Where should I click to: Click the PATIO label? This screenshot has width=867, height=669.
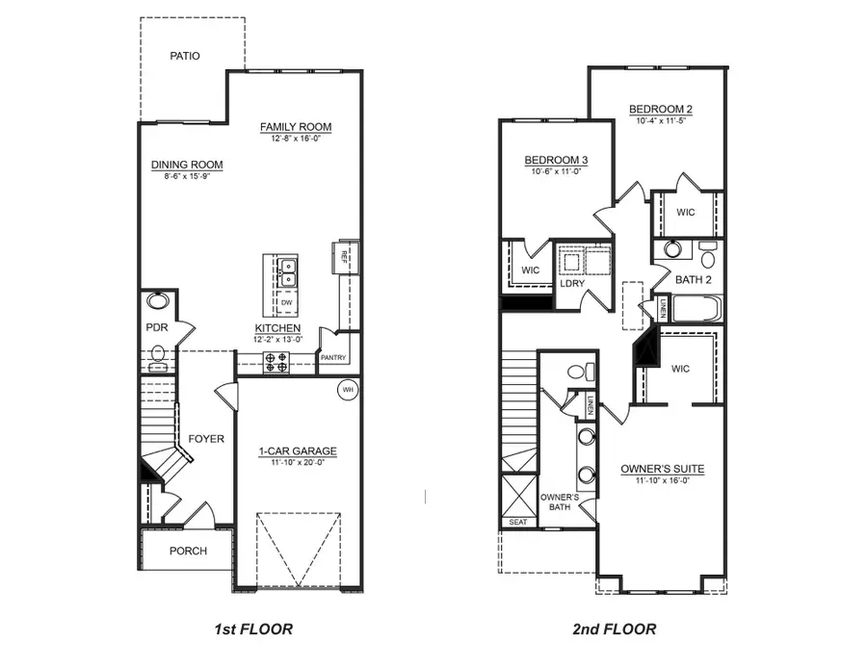(185, 56)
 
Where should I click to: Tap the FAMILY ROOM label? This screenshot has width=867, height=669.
(296, 127)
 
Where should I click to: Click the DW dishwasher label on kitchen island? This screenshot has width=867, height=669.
(286, 302)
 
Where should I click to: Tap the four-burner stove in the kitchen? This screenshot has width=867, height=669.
(277, 362)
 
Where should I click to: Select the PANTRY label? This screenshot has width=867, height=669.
(333, 358)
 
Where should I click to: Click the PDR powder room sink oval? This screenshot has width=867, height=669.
(157, 301)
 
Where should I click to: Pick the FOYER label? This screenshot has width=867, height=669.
(206, 439)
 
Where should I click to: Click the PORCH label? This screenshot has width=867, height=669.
(188, 552)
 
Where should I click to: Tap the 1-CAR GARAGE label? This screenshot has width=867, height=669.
(298, 450)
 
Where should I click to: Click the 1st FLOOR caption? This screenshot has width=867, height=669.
(252, 630)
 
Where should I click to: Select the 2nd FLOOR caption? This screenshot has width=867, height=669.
(615, 630)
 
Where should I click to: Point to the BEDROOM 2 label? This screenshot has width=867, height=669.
(661, 109)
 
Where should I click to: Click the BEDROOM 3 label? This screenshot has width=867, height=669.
(556, 160)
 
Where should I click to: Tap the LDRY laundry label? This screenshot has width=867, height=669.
(572, 283)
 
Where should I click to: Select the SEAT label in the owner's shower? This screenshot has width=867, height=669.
(517, 523)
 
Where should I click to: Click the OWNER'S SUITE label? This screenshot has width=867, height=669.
(662, 469)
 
